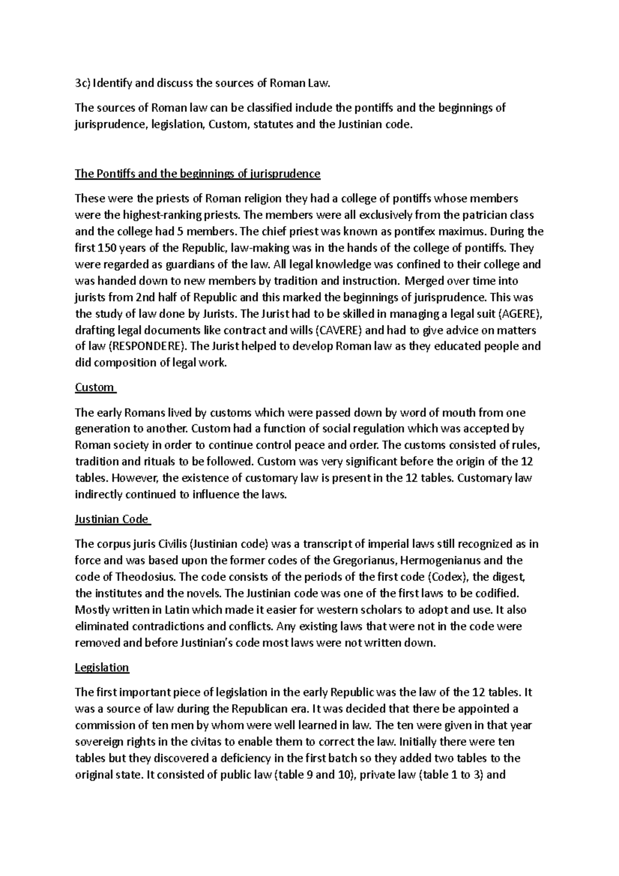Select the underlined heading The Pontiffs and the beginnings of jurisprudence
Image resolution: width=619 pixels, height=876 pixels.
(198, 174)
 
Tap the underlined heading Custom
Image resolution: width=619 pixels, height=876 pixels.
(94, 387)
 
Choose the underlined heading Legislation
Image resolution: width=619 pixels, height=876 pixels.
(102, 668)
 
